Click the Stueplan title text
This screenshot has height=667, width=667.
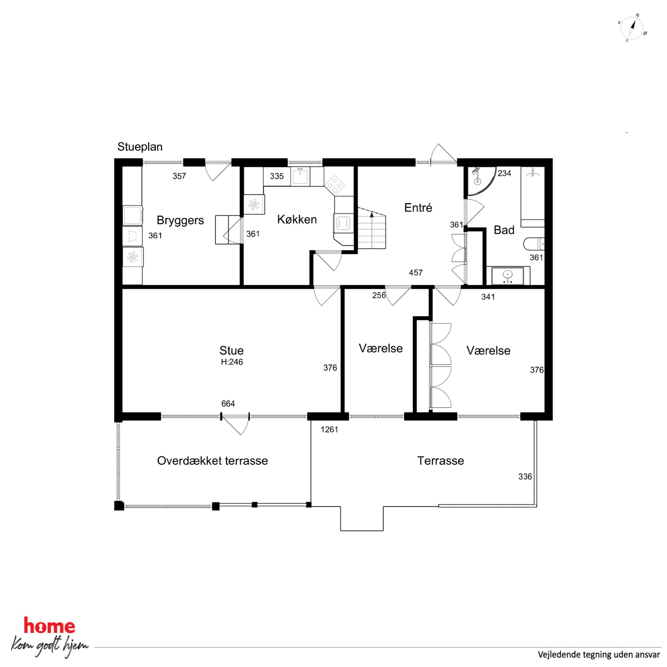(x=140, y=147)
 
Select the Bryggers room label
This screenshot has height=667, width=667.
(x=180, y=220)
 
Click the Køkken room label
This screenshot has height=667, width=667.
(x=297, y=219)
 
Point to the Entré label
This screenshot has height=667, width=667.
(x=418, y=207)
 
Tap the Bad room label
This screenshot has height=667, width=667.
(x=504, y=230)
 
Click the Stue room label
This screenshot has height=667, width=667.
(x=231, y=350)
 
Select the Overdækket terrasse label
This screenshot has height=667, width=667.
(x=212, y=461)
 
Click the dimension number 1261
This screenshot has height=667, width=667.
(x=329, y=429)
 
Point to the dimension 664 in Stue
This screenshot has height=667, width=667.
(x=228, y=403)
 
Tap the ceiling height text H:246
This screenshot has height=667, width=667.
(x=232, y=362)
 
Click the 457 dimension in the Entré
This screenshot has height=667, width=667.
(x=416, y=273)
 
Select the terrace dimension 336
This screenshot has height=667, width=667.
(x=525, y=477)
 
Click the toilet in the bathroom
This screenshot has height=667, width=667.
(x=534, y=244)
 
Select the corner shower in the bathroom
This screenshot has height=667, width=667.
(x=480, y=181)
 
